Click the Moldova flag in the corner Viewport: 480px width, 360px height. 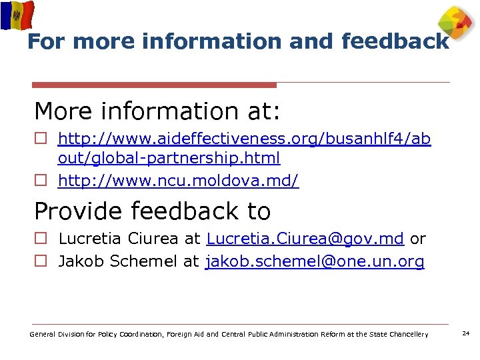(x=17, y=15)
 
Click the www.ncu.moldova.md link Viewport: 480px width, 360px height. (x=179, y=181)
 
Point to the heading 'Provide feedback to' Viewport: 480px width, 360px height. (x=153, y=211)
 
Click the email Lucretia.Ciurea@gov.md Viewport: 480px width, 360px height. (x=305, y=239)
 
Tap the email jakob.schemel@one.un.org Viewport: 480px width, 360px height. (x=315, y=262)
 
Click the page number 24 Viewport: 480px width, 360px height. (x=466, y=333)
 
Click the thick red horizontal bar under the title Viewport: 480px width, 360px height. (x=154, y=85)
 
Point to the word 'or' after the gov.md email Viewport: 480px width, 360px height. (x=417, y=239)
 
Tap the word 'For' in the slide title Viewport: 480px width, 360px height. (x=47, y=42)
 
